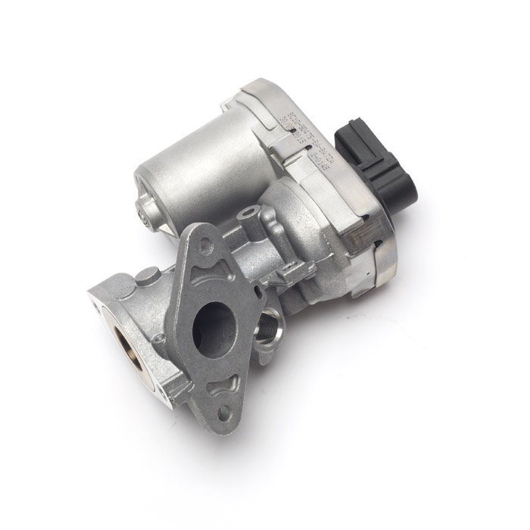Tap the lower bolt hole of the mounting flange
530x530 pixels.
click(225, 410)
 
